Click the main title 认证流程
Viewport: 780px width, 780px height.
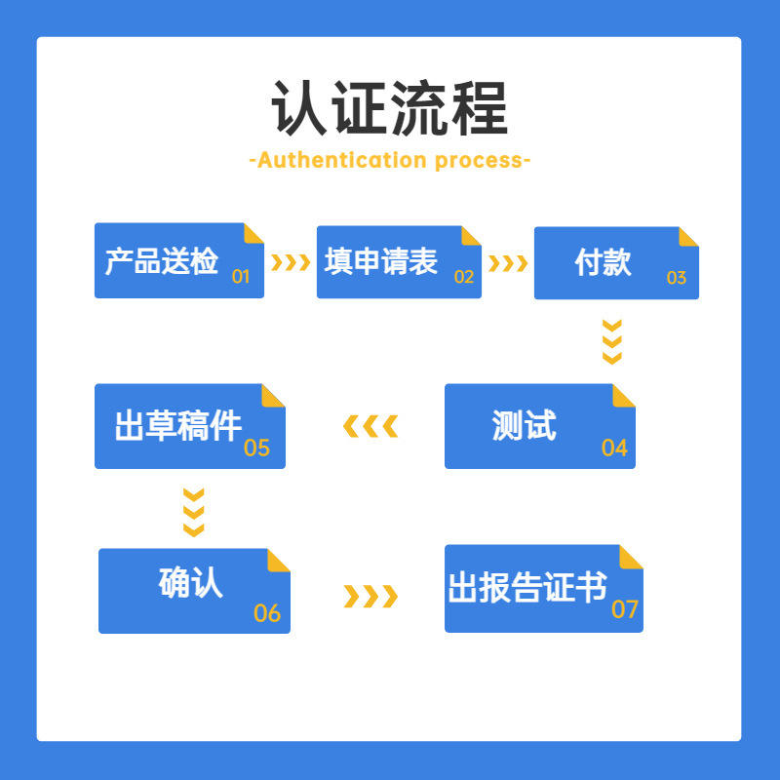coord(389,108)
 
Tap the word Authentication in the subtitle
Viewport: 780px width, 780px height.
coord(342,160)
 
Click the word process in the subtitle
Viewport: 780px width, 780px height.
coord(478,161)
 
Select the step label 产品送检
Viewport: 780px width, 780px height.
coord(161,260)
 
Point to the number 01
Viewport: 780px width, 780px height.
coord(241,277)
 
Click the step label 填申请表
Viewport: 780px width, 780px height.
coord(380,261)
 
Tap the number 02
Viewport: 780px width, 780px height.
coord(464,277)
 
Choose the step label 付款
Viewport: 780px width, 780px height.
coord(603,262)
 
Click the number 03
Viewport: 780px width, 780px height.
coord(677,278)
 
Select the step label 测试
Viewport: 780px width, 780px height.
coord(525,425)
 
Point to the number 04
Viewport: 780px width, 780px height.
coord(614,448)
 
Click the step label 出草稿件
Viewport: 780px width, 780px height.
coord(178,426)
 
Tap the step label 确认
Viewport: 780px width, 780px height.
coord(190,582)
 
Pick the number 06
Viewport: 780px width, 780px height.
coord(267,613)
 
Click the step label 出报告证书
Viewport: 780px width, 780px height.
coord(527,587)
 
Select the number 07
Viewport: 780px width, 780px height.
coord(625,609)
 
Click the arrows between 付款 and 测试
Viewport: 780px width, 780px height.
coord(612,342)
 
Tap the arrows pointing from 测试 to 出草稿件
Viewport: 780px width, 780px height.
coord(370,426)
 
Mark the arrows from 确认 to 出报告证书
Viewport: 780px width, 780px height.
coord(370,596)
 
